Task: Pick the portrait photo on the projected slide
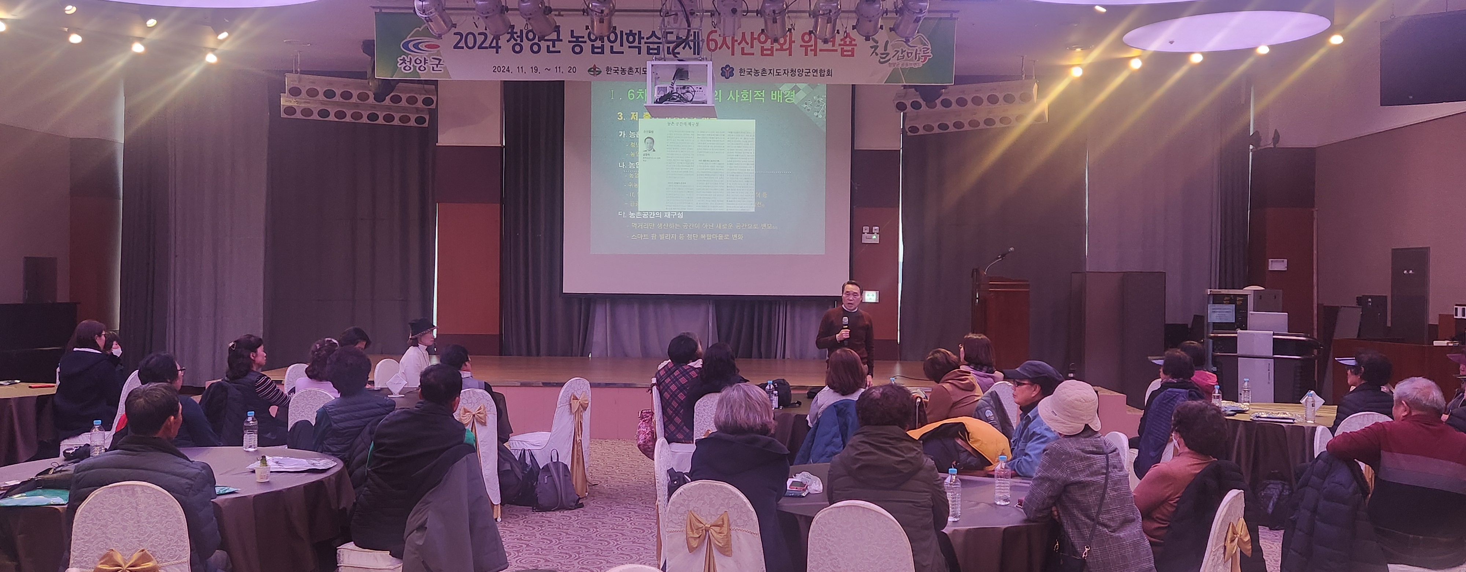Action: click(x=649, y=143)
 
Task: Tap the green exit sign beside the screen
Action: click(x=871, y=296)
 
